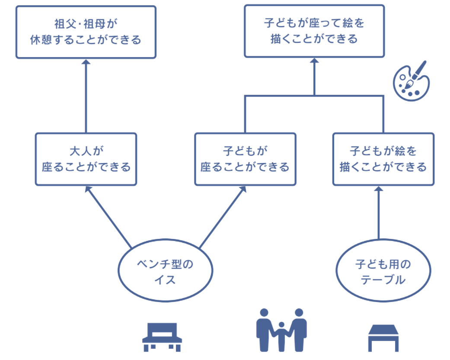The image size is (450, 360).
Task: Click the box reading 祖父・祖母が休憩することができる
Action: [x=86, y=32]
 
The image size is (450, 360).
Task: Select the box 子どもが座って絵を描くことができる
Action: [x=314, y=31]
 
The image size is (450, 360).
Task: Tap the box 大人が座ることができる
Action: [x=86, y=159]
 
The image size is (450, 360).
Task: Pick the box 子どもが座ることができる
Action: [x=245, y=159]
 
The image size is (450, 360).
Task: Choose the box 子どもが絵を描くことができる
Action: [x=383, y=159]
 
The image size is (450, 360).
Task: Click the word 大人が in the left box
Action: [x=86, y=151]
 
